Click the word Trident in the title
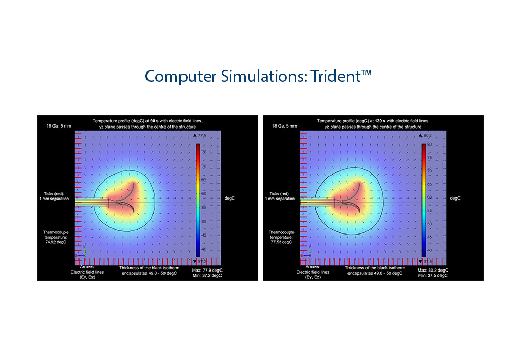coord(336,76)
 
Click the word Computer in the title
coord(181,77)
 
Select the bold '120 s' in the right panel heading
coord(380,121)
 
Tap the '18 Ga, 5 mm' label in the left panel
coord(59,126)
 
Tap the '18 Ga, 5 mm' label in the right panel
coord(285,126)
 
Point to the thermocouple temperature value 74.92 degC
coord(56,242)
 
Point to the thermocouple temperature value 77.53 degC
coord(282,242)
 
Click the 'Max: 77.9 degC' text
coord(208,270)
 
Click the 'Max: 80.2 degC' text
coord(433,270)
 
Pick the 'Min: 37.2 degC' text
coord(208,276)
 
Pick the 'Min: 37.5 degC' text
coord(433,276)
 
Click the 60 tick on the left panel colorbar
coord(204,193)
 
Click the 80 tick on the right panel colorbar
coord(429,145)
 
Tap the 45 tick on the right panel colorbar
coord(429,237)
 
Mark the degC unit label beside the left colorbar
coord(230,199)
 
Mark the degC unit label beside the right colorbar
coord(455,199)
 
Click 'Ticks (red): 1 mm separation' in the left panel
coord(54,196)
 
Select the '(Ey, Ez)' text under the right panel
coord(313,277)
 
